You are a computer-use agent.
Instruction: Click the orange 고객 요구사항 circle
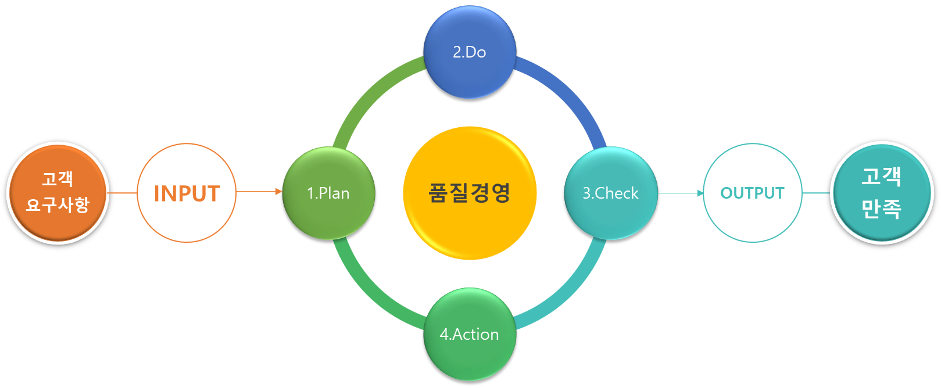(58, 192)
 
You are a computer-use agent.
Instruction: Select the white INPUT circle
(187, 193)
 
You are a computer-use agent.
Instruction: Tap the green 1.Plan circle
(328, 193)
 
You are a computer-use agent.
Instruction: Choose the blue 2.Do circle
(470, 52)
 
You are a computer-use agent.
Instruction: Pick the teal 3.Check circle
(610, 193)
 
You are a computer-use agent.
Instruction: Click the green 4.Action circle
(470, 334)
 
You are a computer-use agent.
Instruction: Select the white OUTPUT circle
(752, 193)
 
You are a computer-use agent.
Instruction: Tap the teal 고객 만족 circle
(882, 192)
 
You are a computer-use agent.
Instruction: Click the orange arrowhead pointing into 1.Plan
(278, 191)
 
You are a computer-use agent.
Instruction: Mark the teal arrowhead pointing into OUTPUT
(700, 193)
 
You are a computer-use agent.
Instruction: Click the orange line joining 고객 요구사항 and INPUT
(123, 192)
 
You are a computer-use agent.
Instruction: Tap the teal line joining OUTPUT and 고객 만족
(816, 193)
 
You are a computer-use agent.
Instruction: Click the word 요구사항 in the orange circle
(58, 205)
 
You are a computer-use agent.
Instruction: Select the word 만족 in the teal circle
(881, 209)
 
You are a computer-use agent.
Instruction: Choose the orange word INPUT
(187, 193)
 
